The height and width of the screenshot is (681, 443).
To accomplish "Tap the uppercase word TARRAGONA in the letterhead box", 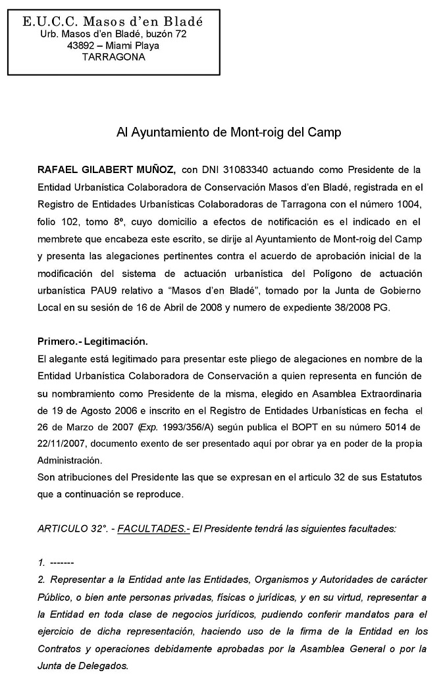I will [114, 57].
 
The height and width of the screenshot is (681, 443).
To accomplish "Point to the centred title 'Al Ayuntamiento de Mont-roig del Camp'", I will [228, 132].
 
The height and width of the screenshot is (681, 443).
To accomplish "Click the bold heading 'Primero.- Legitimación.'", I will [93, 342].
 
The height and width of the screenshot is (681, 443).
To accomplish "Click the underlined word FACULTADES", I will [153, 528].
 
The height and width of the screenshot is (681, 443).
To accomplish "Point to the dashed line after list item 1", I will [61, 563].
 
